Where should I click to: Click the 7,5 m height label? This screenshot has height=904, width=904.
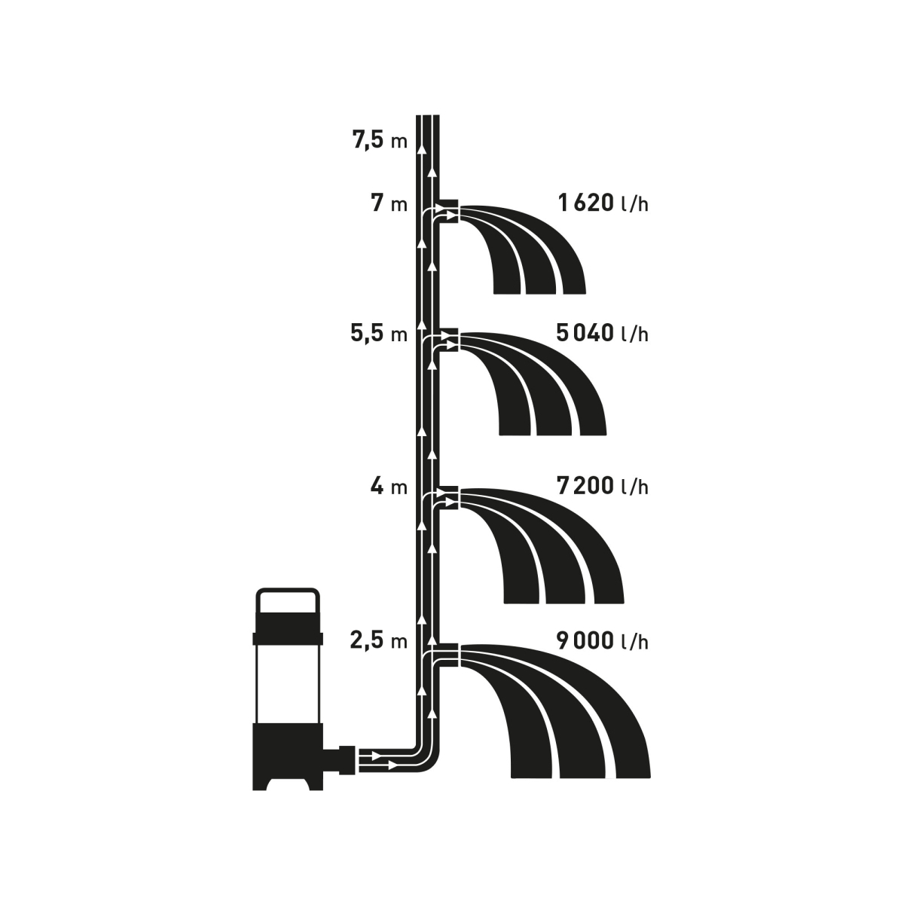pyautogui.click(x=380, y=140)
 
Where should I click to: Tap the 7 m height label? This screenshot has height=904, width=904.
pyautogui.click(x=389, y=203)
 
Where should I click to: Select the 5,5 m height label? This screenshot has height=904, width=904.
pyautogui.click(x=379, y=333)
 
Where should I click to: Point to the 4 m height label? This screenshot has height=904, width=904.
pyautogui.click(x=389, y=486)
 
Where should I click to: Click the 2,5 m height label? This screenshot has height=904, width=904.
pyautogui.click(x=379, y=640)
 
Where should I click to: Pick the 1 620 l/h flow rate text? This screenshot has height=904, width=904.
pyautogui.click(x=603, y=203)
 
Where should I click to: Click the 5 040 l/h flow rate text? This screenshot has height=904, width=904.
pyautogui.click(x=603, y=333)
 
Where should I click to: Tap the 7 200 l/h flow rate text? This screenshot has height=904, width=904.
pyautogui.click(x=603, y=486)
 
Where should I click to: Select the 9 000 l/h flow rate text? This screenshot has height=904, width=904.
pyautogui.click(x=603, y=640)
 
